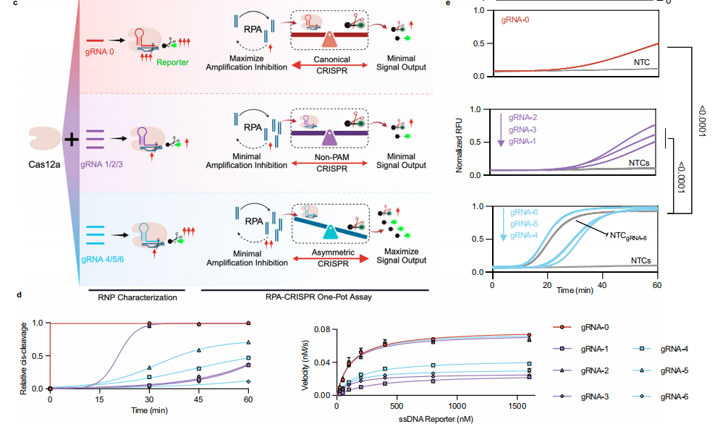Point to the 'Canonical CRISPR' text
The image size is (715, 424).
(334, 64)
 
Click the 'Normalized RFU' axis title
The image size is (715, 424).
(459, 142)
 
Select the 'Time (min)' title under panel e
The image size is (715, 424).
(574, 289)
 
